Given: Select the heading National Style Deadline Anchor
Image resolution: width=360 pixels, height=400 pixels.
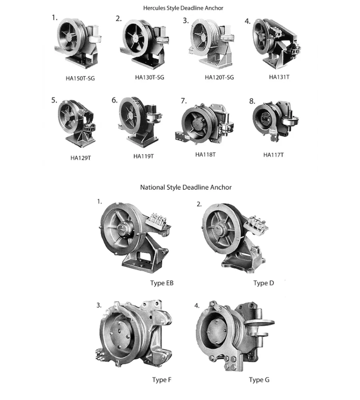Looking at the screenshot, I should (x=186, y=187).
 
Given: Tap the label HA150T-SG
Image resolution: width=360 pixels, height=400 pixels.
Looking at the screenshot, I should (x=80, y=78).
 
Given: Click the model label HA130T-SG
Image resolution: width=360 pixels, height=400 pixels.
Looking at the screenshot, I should (x=150, y=77).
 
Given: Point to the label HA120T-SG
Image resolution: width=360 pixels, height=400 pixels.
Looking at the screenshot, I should (x=219, y=77).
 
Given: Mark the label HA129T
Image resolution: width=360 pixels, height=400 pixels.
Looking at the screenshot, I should (x=80, y=158).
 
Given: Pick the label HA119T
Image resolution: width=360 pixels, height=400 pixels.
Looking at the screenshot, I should (x=144, y=156).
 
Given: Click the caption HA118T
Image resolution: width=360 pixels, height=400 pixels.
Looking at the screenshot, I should (x=205, y=154).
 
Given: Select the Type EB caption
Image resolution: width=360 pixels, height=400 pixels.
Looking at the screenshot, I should (x=162, y=283).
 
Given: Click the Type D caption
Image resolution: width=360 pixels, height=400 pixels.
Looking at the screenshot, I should (x=264, y=283).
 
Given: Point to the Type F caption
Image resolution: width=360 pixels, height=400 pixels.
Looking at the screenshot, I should (x=162, y=380).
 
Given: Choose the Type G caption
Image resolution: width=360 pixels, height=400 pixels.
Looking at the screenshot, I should (x=259, y=380).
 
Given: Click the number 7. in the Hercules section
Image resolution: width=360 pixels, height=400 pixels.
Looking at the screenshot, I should (x=184, y=100).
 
